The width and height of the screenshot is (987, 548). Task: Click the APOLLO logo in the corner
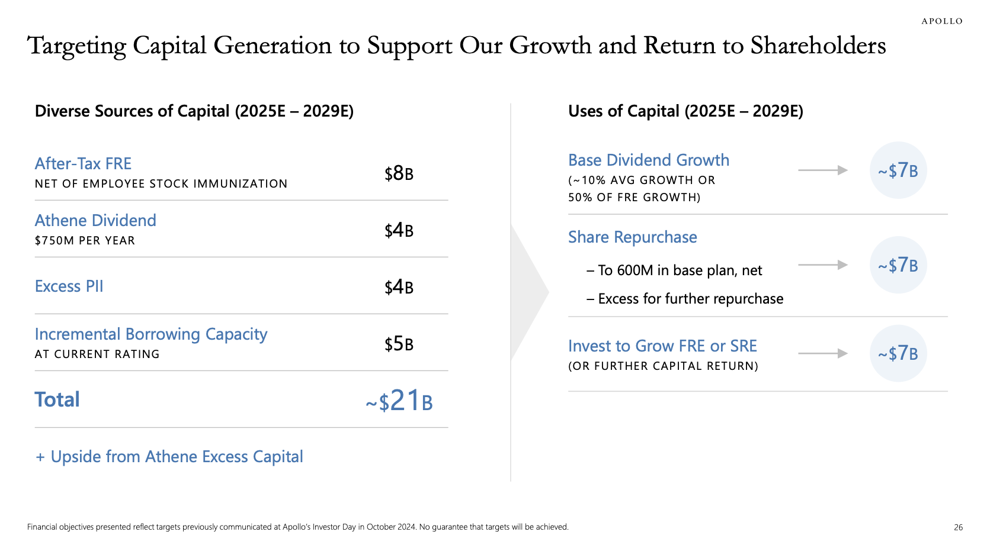pos(941,21)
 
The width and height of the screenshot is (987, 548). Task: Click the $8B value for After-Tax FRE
pos(399,173)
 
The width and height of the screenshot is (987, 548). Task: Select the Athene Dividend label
pos(95,221)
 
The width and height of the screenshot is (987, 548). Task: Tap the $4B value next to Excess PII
pos(399,287)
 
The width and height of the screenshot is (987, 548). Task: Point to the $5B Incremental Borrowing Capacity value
pos(399,344)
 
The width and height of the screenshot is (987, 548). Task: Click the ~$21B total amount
pos(399,401)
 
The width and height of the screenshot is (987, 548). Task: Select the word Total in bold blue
pos(57,400)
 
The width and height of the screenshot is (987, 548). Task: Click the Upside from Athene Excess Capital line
pos(169,457)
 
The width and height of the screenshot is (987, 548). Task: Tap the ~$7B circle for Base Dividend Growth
pos(898,170)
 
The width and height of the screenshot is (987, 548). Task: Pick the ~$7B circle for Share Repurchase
pos(898,265)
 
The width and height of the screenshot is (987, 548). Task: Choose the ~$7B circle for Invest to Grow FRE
pos(898,353)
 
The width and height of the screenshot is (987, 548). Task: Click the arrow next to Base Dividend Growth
pos(823,170)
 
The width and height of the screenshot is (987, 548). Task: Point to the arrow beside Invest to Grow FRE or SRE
pos(823,353)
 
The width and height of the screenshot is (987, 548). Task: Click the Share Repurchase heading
pos(632,237)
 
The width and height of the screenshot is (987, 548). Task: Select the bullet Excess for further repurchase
pos(690,299)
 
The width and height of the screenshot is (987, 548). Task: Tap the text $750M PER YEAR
pos(85,241)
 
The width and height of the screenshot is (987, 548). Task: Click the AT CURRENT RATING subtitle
pos(97,354)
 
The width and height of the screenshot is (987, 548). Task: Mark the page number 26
pos(958,527)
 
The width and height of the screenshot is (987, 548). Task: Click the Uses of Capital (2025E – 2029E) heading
pos(685,111)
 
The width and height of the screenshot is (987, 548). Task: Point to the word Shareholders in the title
pos(818,46)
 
